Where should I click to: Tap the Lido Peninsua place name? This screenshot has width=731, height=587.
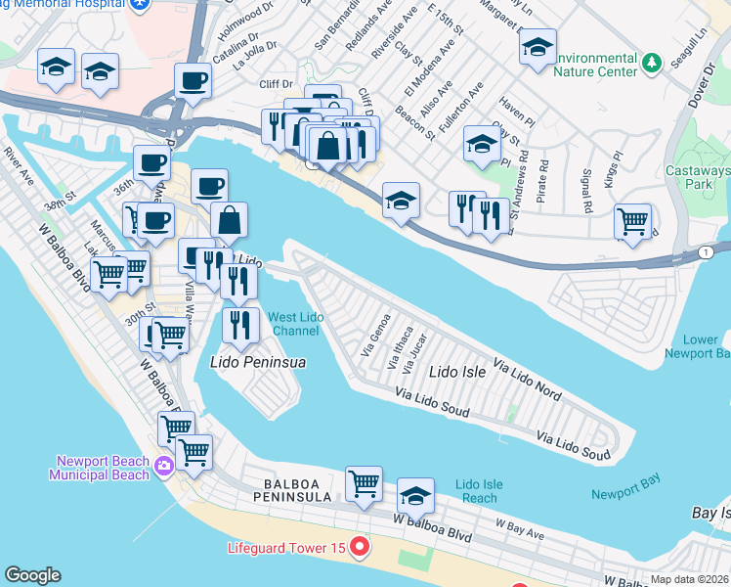259,362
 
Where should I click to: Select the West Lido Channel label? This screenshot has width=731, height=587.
297,324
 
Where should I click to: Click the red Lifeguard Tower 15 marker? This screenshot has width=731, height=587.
361,547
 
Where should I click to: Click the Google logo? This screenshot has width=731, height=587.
32,575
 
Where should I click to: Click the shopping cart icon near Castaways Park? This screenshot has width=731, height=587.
633,220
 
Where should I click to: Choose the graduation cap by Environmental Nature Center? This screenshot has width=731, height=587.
537,46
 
